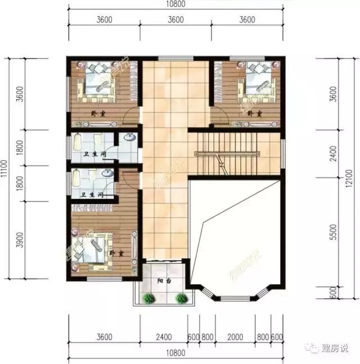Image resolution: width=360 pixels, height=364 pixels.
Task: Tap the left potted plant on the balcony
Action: [x=147, y=298]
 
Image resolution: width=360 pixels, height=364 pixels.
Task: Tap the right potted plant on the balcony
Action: [x=181, y=298]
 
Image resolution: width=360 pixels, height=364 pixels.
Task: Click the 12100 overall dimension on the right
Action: [x=349, y=181]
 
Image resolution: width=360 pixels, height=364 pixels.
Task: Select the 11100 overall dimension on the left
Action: [x=5, y=169]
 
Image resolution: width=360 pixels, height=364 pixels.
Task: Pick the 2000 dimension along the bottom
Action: [x=235, y=338]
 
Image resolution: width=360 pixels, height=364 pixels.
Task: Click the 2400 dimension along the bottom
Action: [x=164, y=338]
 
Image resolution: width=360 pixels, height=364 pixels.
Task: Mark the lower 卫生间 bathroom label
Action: [x=91, y=195]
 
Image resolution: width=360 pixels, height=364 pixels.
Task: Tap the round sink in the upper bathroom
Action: [x=129, y=137]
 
